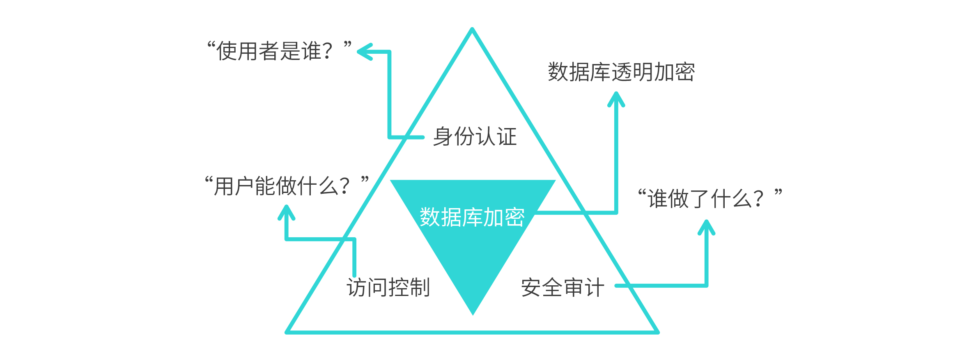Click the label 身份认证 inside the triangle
(x=475, y=137)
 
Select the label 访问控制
(x=388, y=287)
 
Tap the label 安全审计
(x=563, y=287)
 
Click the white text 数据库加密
(x=472, y=217)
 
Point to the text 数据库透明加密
(x=621, y=72)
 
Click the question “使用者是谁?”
(x=280, y=51)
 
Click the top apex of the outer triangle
(x=472, y=30)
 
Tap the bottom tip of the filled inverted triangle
(x=473, y=314)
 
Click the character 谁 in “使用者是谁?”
(x=312, y=51)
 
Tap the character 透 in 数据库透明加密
(x=622, y=72)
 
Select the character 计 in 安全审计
(x=594, y=287)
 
